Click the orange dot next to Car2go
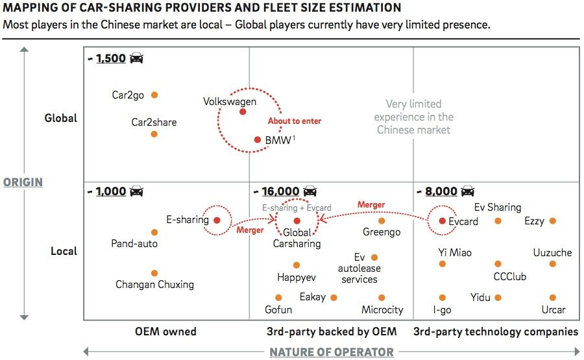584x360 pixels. pos(154,95)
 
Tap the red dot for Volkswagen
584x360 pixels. pos(243,112)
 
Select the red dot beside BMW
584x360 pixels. pos(258,139)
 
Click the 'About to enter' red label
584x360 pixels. pos(294,121)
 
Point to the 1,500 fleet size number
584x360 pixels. pos(110,58)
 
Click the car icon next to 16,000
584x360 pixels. pos(310,191)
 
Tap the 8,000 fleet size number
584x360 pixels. pos(441,191)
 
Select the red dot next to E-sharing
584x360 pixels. pos(217,221)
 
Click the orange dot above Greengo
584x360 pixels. pos(382,221)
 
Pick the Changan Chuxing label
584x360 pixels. pos(154,284)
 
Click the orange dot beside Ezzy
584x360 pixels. pos(553,221)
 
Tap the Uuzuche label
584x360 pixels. pos(552,252)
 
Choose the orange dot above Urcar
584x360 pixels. pos(553,298)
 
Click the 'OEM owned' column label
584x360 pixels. pos(165,331)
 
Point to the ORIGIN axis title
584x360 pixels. pos(23,182)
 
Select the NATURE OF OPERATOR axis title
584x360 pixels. pos(332,352)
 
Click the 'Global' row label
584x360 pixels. pos(61,118)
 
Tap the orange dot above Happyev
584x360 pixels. pos(297,265)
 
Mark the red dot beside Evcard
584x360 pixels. pos(442,221)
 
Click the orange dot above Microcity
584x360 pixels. pos(382,298)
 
